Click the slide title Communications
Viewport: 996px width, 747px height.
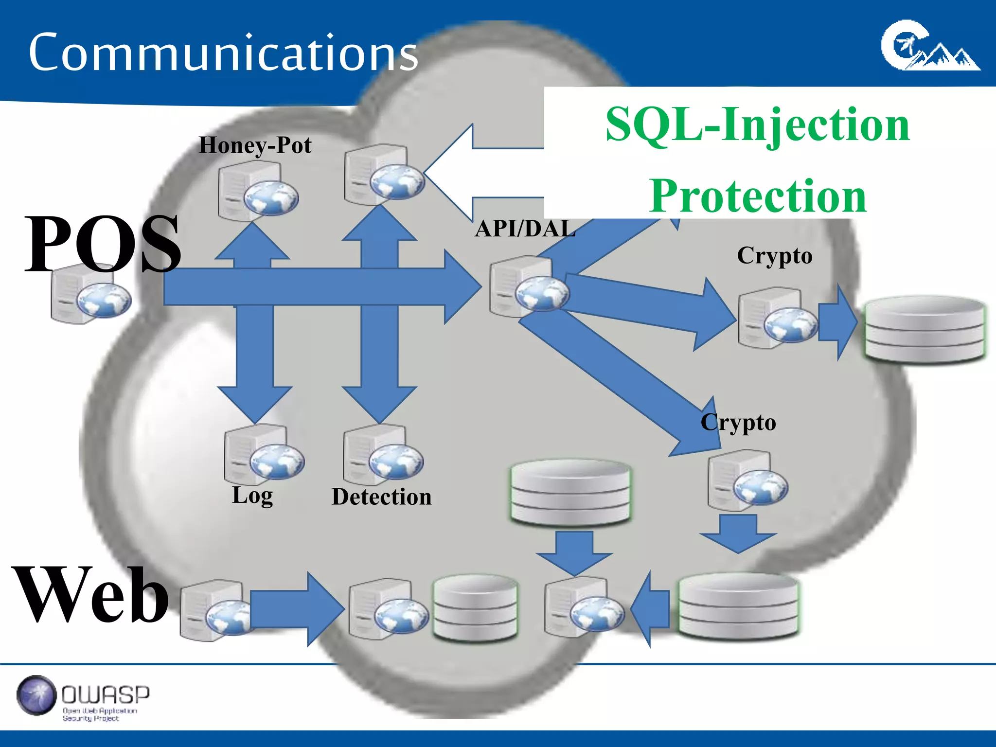click(223, 52)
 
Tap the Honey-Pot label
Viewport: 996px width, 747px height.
click(255, 145)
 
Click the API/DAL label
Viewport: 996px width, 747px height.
click(525, 229)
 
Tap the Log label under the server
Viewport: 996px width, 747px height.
click(252, 496)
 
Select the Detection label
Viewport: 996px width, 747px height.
click(381, 497)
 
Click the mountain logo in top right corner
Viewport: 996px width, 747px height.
click(929, 46)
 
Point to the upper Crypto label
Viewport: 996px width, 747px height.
click(774, 256)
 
